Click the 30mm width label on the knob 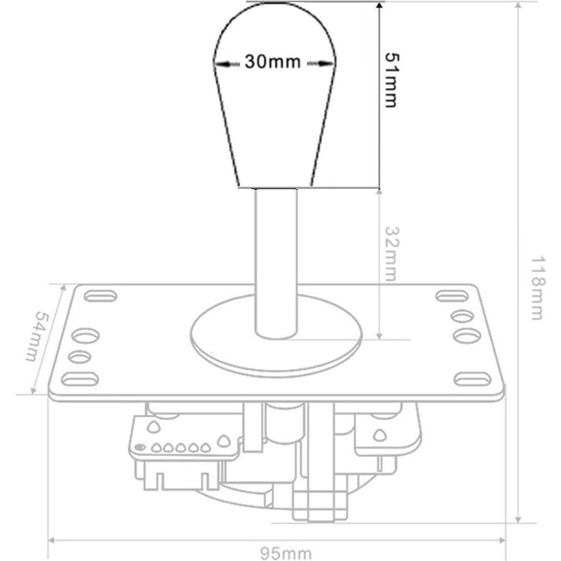click(272, 62)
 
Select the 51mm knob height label click(391, 80)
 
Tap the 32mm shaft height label click(391, 253)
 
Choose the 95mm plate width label click(286, 553)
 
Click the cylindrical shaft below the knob click(276, 261)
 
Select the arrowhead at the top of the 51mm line click(378, 6)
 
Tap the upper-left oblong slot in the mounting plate click(100, 295)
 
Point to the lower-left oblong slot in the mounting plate click(80, 380)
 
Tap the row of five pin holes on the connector click(181, 447)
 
